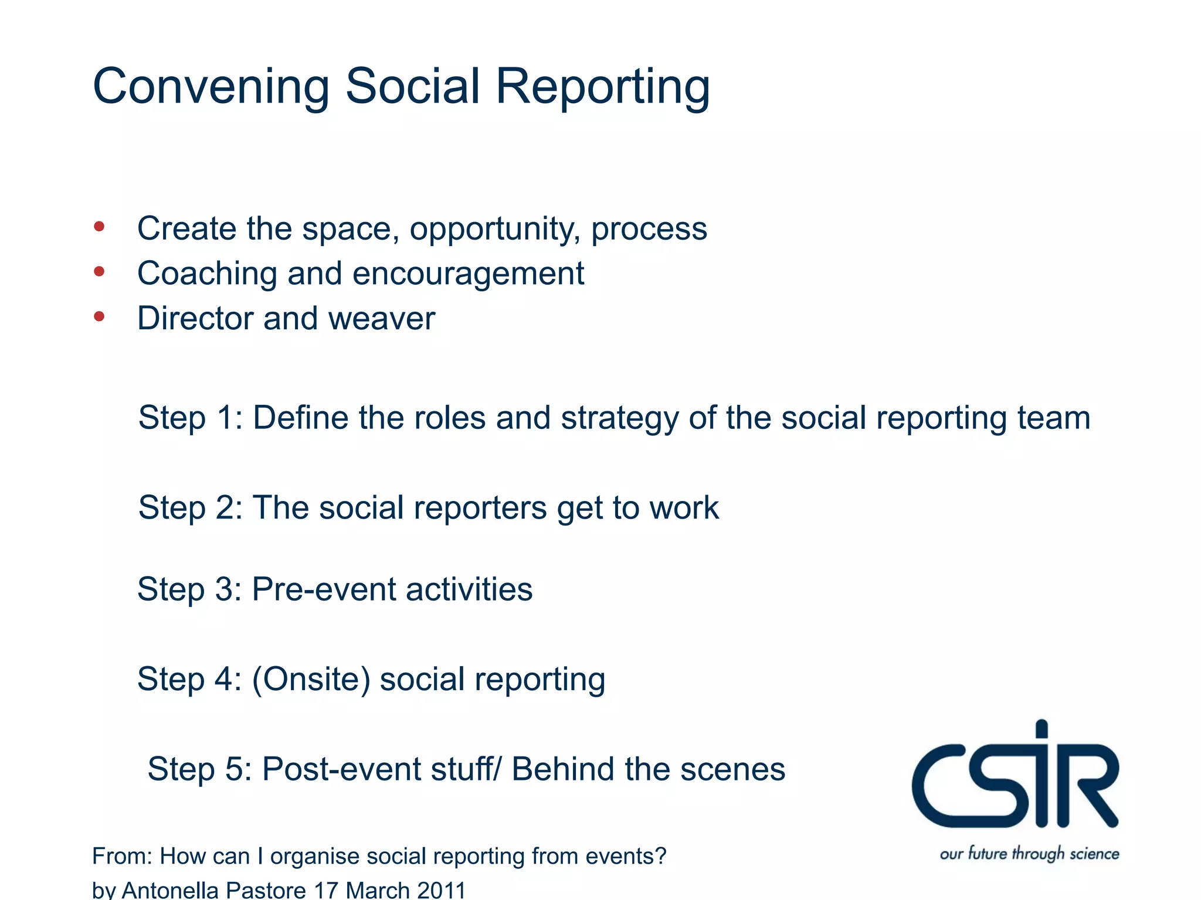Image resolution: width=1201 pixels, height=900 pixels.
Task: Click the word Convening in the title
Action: point(211,87)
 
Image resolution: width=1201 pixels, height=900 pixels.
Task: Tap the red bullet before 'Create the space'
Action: point(99,227)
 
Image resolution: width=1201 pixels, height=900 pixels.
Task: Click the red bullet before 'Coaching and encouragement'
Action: point(99,272)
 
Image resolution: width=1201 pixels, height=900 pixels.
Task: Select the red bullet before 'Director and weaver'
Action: point(99,317)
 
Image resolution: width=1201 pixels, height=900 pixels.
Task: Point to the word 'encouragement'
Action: point(468,274)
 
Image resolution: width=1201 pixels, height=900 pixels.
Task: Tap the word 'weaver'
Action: point(381,319)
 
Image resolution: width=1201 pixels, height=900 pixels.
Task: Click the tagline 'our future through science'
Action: point(1029,854)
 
